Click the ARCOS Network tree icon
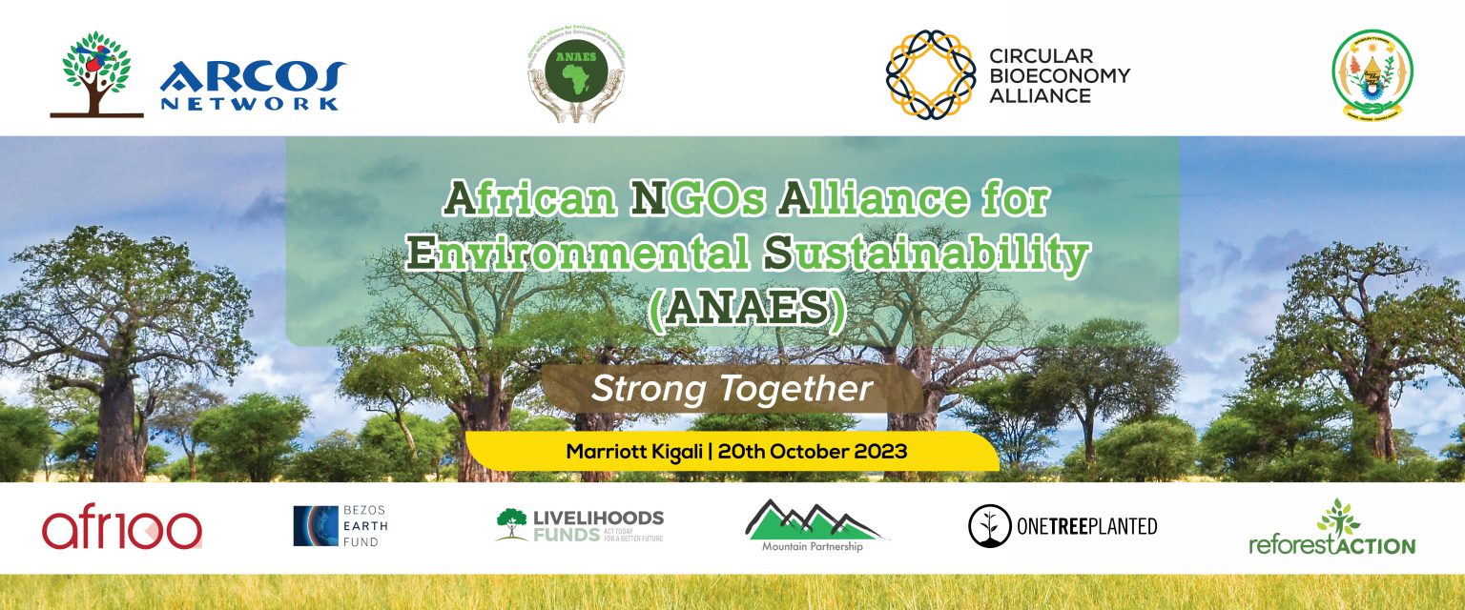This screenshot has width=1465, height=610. [x=96, y=73]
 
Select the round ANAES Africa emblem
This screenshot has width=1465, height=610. [x=576, y=73]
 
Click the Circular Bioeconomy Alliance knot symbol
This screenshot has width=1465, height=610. [x=930, y=73]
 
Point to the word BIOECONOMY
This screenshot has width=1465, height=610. [x=1059, y=75]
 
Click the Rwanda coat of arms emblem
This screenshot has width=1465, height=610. [x=1372, y=73]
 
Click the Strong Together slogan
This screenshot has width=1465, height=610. [x=732, y=388]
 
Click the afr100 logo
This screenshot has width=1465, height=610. [x=121, y=529]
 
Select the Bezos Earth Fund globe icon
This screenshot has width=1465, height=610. [x=316, y=526]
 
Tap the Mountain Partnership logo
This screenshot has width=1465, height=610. [x=813, y=526]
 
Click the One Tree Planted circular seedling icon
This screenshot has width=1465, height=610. [x=989, y=526]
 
